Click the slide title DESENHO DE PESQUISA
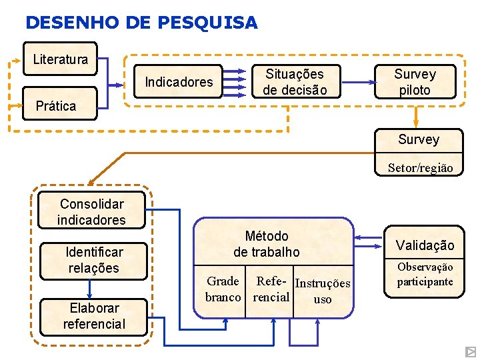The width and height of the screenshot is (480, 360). tap(141, 23)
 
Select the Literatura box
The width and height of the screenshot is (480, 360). tap(60, 59)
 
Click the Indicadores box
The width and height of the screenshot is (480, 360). tap(179, 82)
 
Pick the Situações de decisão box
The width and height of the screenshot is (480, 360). tap(294, 82)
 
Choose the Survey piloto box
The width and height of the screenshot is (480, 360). tap(415, 82)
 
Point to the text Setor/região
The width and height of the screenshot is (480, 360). tap(420, 168)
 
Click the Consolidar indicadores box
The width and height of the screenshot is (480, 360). tap(91, 211)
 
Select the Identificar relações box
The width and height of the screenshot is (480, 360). tap(93, 260)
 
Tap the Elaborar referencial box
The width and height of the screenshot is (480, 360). tap(94, 316)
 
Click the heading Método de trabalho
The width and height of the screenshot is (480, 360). tap(267, 244)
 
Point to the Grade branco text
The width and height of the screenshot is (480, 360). tap(223, 289)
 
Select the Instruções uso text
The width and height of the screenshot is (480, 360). tap(323, 291)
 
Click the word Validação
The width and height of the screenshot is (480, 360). tap(425, 245)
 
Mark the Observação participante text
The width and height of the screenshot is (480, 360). tap(425, 274)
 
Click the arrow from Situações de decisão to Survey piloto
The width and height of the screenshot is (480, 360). tap(358, 82)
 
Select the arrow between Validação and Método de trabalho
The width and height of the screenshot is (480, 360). tap(369, 237)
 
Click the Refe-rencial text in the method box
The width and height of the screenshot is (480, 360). tap(271, 289)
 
